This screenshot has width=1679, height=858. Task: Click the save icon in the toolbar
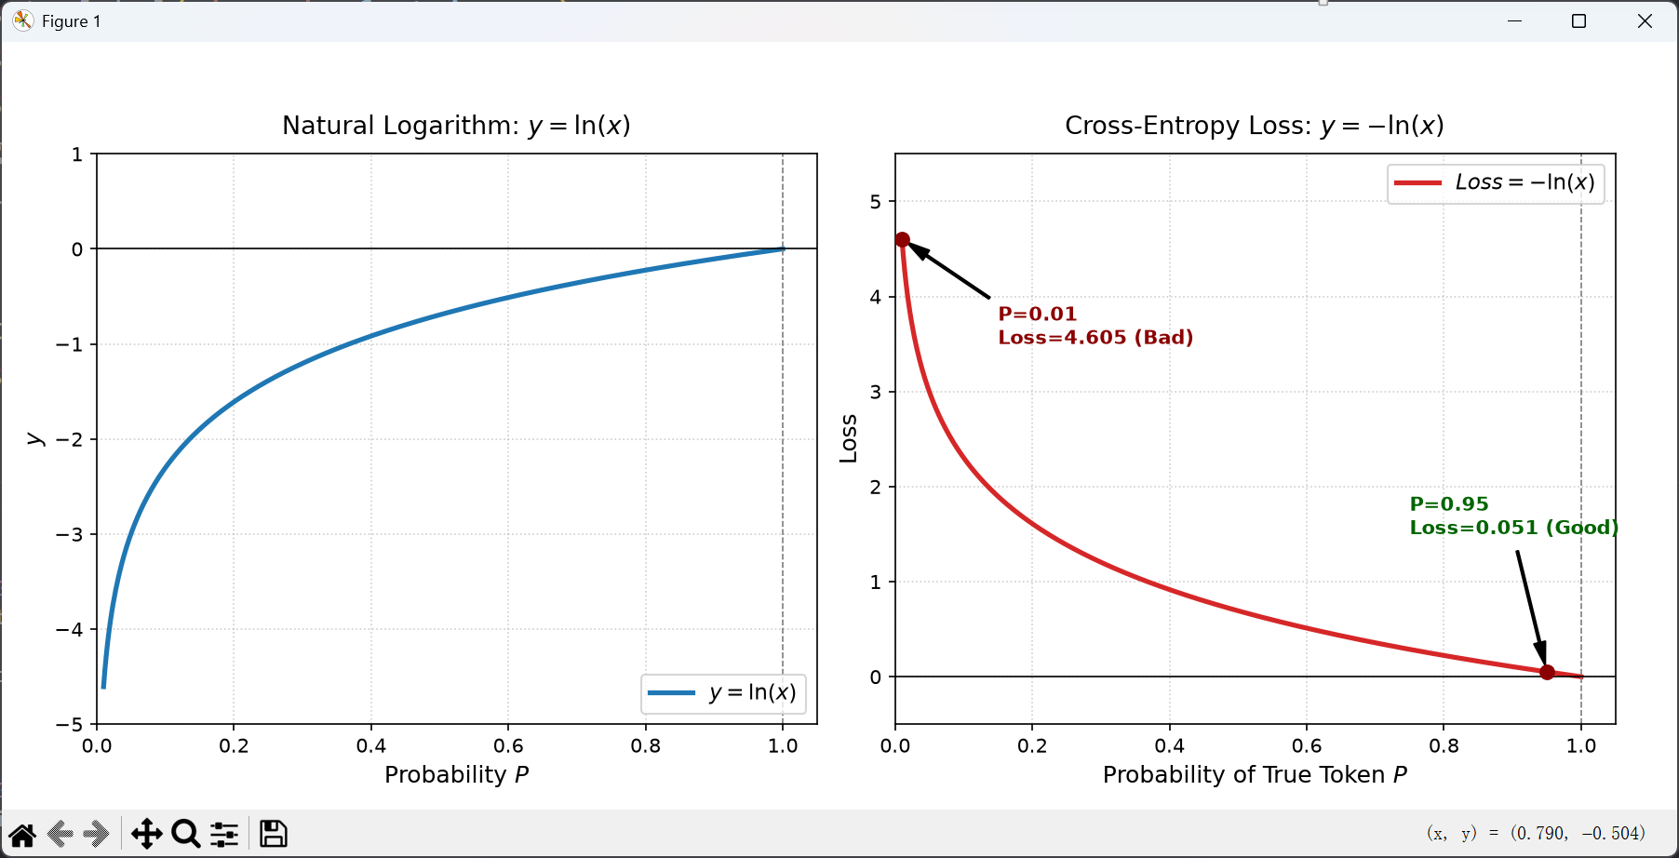(x=273, y=834)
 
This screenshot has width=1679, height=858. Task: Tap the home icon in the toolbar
(x=22, y=835)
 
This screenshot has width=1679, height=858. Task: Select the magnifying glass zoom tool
(x=186, y=834)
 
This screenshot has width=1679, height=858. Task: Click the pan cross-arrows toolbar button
(x=147, y=834)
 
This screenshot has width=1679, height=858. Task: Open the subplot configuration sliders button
(x=224, y=834)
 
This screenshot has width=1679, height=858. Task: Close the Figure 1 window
(x=1645, y=21)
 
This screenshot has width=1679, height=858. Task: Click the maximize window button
(x=1579, y=21)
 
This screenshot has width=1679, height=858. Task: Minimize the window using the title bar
(x=1515, y=21)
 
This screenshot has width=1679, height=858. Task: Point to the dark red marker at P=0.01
(x=902, y=240)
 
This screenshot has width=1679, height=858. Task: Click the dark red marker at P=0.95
(x=1547, y=672)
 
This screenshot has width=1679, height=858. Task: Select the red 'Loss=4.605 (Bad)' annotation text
(x=1095, y=338)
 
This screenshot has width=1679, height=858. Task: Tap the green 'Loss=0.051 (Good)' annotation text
(x=1514, y=528)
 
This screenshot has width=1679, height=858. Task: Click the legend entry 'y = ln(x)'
(x=723, y=693)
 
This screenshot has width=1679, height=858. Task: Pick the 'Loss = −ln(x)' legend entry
(x=1496, y=182)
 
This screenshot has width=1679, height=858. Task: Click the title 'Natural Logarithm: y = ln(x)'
(x=456, y=125)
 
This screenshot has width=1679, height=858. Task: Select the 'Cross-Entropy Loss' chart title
(x=1255, y=125)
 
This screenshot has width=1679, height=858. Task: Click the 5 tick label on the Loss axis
(x=875, y=202)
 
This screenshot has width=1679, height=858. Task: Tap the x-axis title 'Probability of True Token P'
(x=1255, y=775)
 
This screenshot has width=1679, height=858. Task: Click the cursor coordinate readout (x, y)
(x=1536, y=833)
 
